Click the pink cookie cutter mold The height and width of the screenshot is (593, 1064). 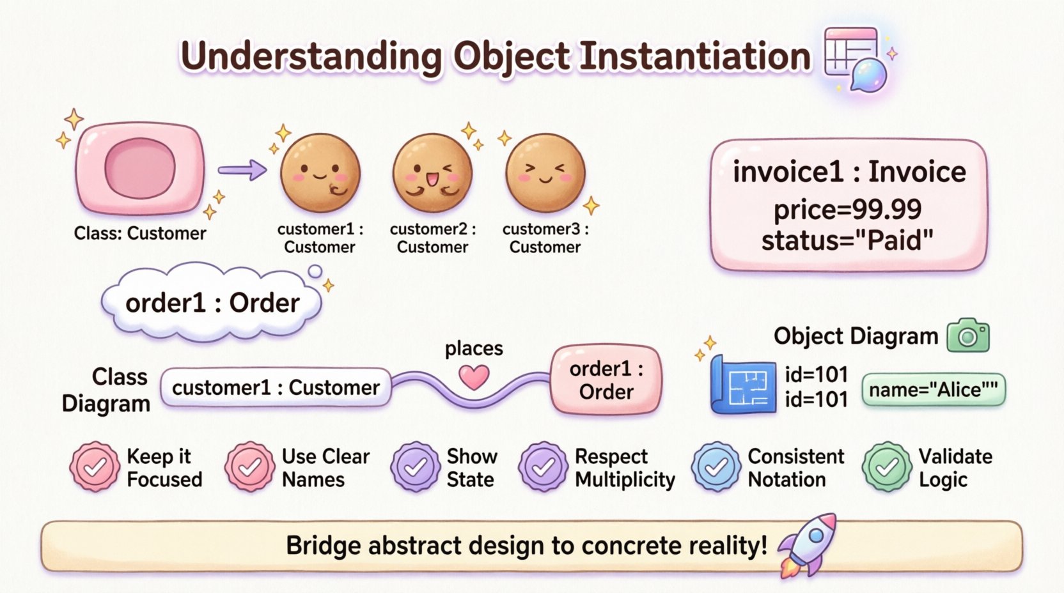click(x=140, y=169)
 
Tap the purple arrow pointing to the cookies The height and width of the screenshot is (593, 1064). click(x=242, y=170)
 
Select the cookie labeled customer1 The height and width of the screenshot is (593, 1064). click(x=320, y=173)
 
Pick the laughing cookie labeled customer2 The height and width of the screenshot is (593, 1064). click(x=432, y=173)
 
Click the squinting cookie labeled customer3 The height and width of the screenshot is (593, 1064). click(x=545, y=173)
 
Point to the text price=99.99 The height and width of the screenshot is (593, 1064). click(x=847, y=210)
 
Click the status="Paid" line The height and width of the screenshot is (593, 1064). click(x=847, y=241)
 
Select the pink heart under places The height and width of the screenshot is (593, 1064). click(x=474, y=378)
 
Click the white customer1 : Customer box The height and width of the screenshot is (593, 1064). click(x=276, y=387)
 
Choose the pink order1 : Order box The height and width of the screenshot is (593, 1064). click(x=606, y=380)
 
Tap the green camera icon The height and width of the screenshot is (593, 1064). click(x=967, y=335)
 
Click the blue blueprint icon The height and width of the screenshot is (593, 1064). click(x=744, y=385)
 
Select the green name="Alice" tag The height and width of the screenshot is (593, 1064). click(x=933, y=390)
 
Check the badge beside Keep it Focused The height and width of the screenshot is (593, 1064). click(x=95, y=467)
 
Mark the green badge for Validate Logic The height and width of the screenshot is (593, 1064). click(x=886, y=467)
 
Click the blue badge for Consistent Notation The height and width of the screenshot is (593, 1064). click(x=716, y=467)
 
